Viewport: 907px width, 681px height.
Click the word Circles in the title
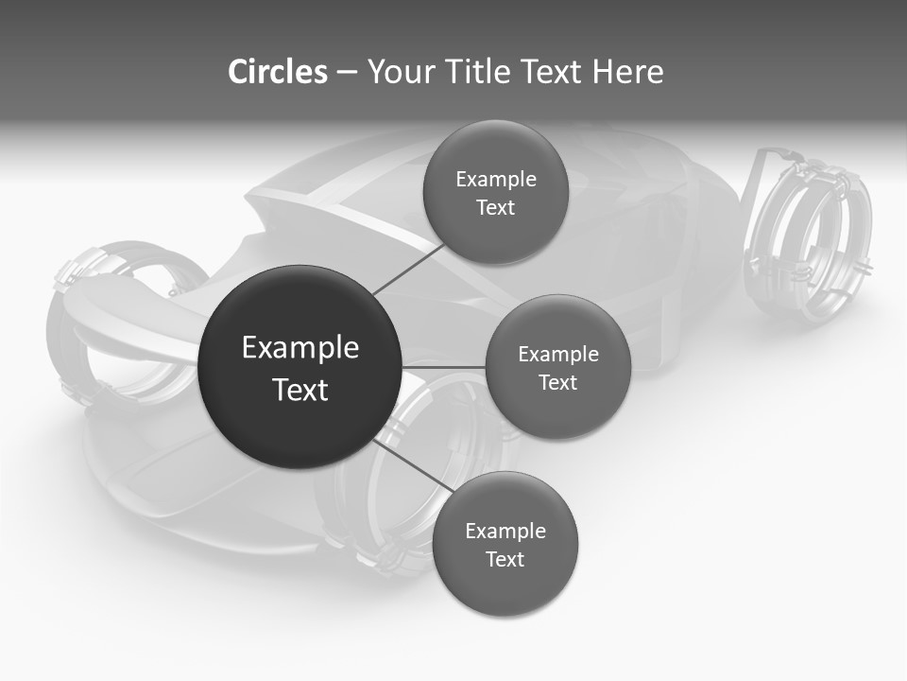[278, 72]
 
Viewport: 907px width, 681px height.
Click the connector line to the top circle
[409, 268]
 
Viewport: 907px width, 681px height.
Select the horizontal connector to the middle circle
[443, 367]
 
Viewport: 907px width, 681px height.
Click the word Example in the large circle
[300, 348]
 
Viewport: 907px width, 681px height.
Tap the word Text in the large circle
[300, 390]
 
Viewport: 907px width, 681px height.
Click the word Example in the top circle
[496, 180]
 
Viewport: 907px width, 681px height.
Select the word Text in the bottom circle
[505, 559]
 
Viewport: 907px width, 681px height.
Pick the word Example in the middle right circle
[558, 355]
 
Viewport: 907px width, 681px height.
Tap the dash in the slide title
[347, 73]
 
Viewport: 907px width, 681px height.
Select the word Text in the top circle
[495, 208]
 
